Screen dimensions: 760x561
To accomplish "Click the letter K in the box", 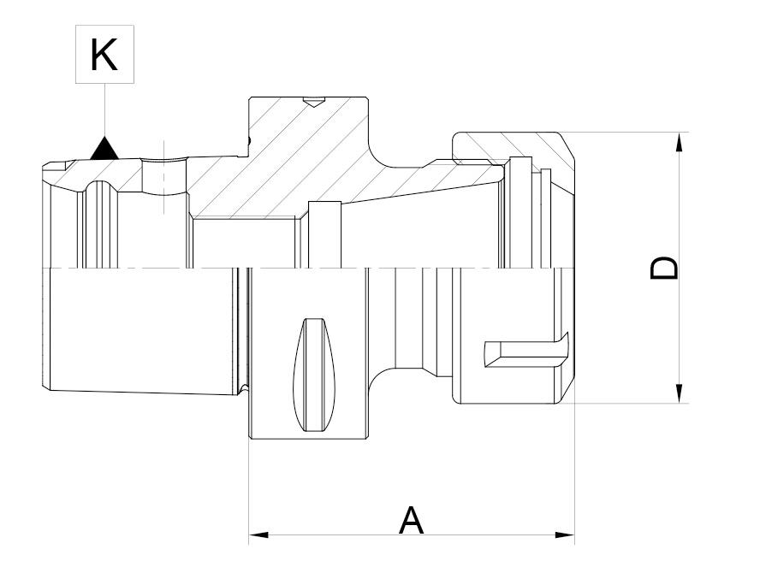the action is (x=104, y=55).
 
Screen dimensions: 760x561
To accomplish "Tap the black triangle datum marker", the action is (x=104, y=149).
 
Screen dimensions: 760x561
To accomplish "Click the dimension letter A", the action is (x=411, y=520).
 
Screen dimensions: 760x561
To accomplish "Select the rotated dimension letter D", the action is (x=663, y=268).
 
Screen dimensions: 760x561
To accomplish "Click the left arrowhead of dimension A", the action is (x=258, y=535).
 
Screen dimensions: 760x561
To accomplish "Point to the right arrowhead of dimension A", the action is (x=565, y=535).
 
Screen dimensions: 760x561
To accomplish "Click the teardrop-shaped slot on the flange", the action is (x=314, y=375).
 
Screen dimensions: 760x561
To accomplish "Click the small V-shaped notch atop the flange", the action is (x=313, y=103).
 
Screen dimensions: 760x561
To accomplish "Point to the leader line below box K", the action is (x=104, y=110).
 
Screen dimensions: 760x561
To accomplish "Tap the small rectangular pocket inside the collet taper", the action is (x=324, y=234).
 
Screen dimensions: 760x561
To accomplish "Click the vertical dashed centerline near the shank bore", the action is (x=165, y=177).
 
